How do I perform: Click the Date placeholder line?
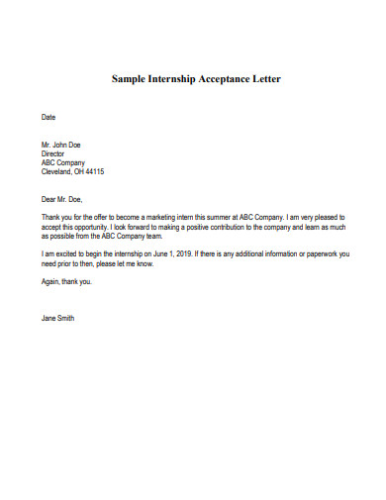[x=48, y=117]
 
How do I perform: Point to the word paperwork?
[x=315, y=254]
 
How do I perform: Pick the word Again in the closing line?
[x=50, y=281]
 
